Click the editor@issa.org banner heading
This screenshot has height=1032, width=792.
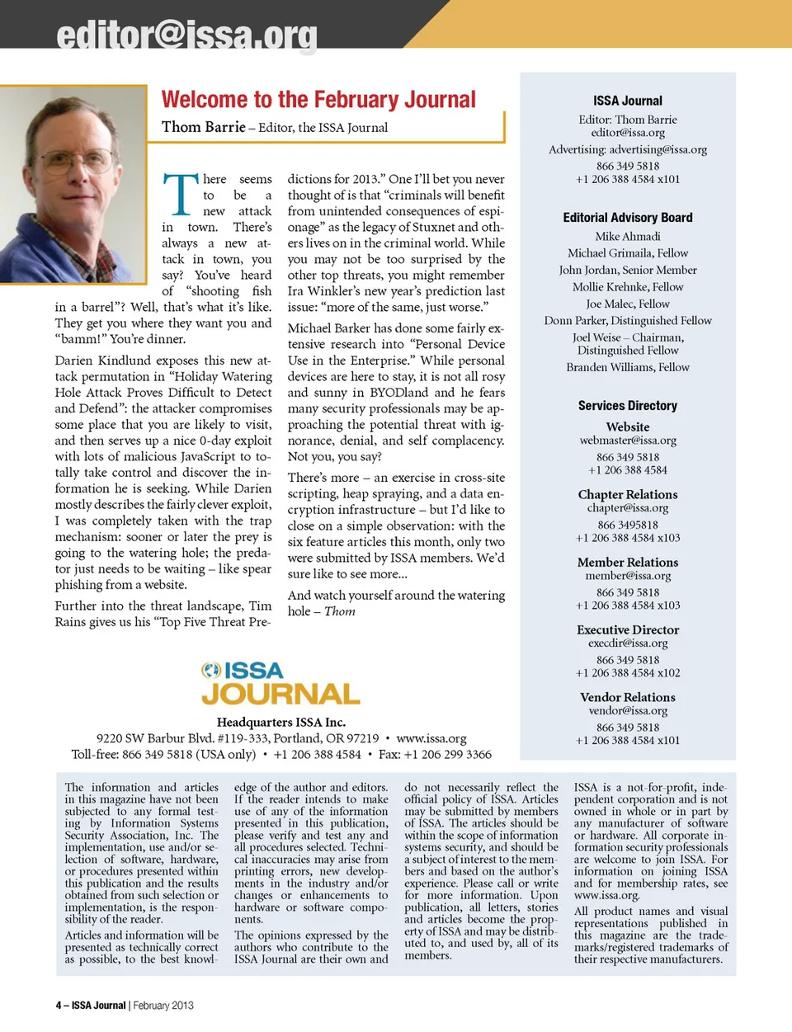pyautogui.click(x=186, y=35)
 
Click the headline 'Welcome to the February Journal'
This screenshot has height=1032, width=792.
pyautogui.click(x=318, y=100)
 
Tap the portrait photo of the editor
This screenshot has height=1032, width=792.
pyautogui.click(x=73, y=174)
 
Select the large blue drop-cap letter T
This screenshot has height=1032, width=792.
pyautogui.click(x=180, y=194)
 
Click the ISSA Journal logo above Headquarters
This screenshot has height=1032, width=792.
pyautogui.click(x=280, y=682)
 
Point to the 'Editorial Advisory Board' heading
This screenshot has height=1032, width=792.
pyautogui.click(x=628, y=218)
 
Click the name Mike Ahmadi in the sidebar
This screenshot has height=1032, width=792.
pyautogui.click(x=628, y=236)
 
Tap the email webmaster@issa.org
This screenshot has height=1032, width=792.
pyautogui.click(x=628, y=441)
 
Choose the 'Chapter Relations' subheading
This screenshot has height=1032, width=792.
pyautogui.click(x=628, y=494)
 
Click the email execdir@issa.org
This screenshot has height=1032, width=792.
pyautogui.click(x=628, y=643)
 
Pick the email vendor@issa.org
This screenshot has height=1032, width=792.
pyautogui.click(x=628, y=710)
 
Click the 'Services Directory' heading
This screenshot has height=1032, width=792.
pyautogui.click(x=628, y=406)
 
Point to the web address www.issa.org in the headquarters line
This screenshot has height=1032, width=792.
pyautogui.click(x=431, y=738)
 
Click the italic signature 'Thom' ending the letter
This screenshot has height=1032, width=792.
pyautogui.click(x=340, y=611)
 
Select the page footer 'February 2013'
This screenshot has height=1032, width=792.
pyautogui.click(x=163, y=1006)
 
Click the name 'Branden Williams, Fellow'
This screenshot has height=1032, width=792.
pyautogui.click(x=628, y=367)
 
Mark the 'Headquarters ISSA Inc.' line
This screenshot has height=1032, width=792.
pyautogui.click(x=280, y=723)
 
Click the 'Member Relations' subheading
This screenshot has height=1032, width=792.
pyautogui.click(x=628, y=562)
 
